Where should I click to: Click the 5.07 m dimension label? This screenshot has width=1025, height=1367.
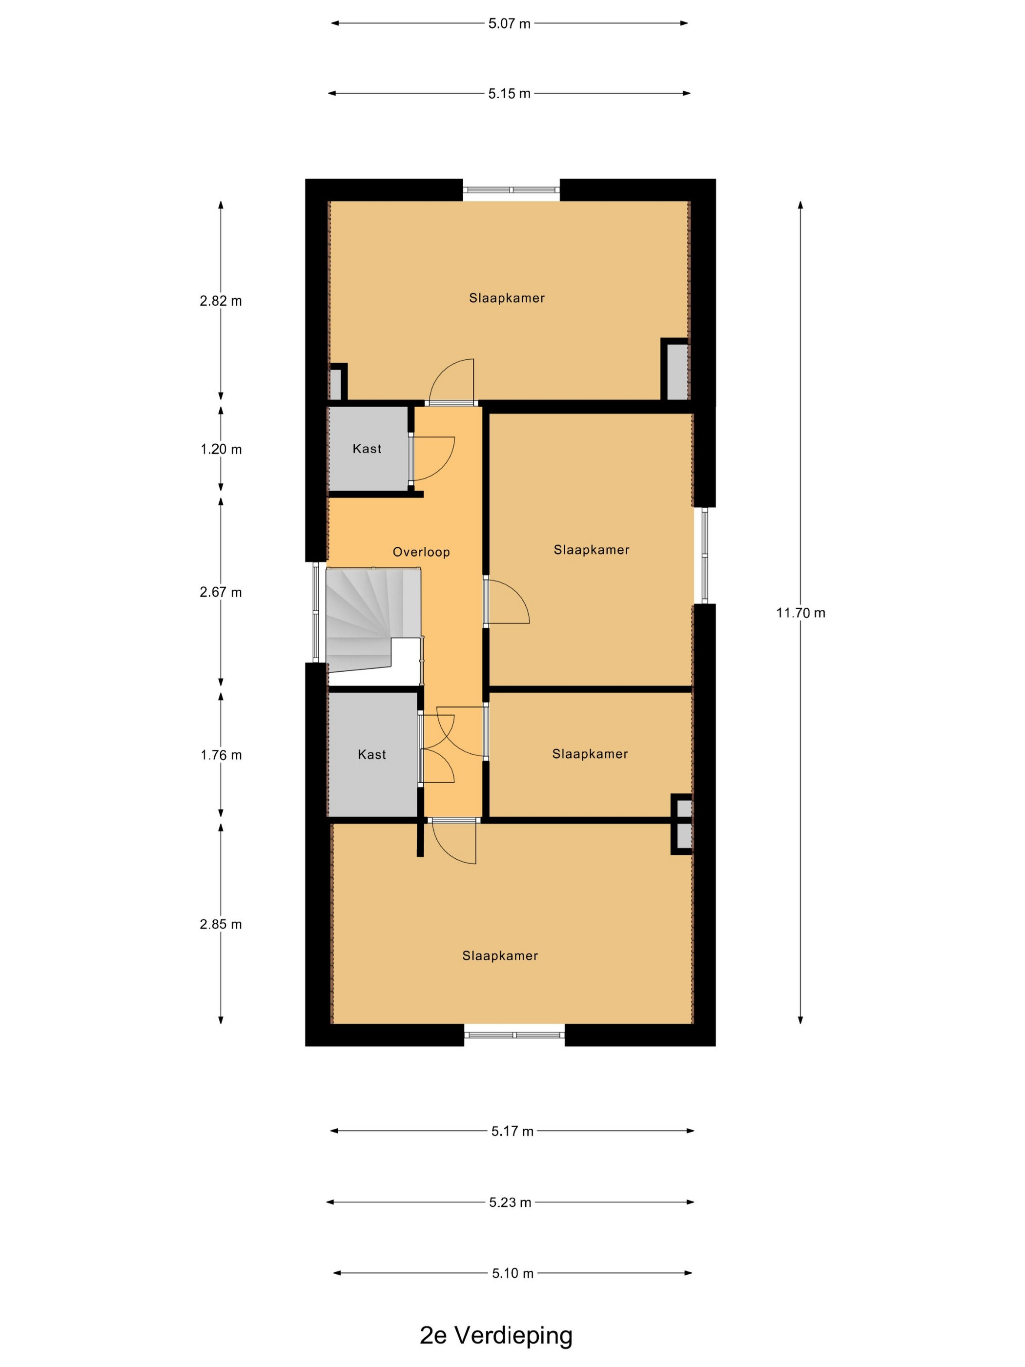[509, 24]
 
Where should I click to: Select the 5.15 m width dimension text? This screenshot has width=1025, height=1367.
[509, 94]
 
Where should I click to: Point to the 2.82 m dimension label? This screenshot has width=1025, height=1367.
[221, 301]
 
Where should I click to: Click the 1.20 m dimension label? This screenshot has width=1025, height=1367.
[221, 449]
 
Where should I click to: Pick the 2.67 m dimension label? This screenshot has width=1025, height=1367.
[221, 592]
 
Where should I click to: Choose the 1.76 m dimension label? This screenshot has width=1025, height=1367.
[221, 755]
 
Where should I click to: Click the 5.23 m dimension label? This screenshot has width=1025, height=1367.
[510, 1202]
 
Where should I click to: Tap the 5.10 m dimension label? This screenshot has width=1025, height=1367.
[512, 1274]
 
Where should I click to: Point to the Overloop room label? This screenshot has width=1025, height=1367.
[421, 552]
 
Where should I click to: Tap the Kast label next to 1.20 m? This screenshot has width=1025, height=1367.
[367, 449]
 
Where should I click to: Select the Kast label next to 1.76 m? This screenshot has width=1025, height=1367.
[372, 755]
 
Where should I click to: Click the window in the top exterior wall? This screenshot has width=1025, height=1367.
[512, 190]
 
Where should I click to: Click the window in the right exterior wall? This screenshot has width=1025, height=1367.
[704, 555]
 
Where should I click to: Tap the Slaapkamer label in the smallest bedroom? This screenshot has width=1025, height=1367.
[590, 754]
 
